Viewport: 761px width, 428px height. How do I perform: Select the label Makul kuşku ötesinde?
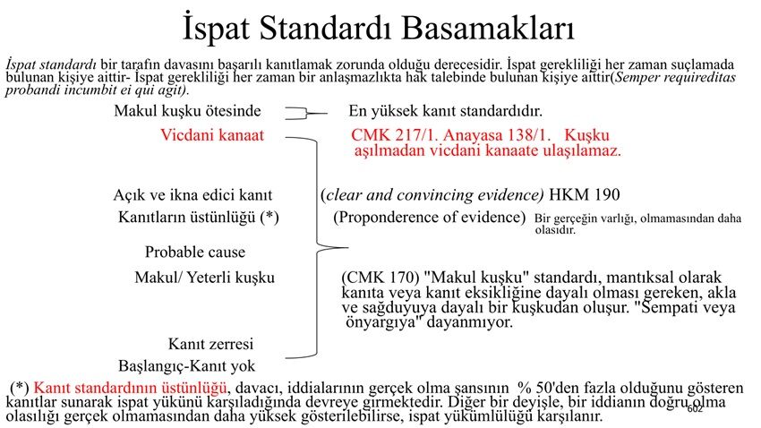pos(187,111)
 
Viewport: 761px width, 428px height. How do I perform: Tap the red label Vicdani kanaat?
pos(212,135)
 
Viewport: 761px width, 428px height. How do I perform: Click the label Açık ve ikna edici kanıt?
pos(192,195)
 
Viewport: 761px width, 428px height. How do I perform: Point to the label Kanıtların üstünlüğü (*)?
pos(199,217)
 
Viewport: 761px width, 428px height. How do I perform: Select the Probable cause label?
pos(195,252)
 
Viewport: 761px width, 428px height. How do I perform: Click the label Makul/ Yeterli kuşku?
pos(205,278)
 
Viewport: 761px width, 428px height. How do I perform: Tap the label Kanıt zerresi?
pos(210,344)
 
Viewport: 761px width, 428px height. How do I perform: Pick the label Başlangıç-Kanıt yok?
pos(186,366)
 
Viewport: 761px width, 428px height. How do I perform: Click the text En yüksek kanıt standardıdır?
pos(445,111)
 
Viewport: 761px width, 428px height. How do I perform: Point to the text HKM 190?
pos(585,195)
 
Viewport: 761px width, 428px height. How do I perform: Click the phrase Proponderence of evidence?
pos(430,217)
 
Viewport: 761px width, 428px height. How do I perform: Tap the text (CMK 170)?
pos(380,278)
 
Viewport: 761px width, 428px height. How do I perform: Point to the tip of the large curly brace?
pos(348,248)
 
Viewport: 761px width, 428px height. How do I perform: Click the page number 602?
pos(695,409)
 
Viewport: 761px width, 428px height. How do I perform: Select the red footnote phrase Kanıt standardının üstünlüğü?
pos(130,388)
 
